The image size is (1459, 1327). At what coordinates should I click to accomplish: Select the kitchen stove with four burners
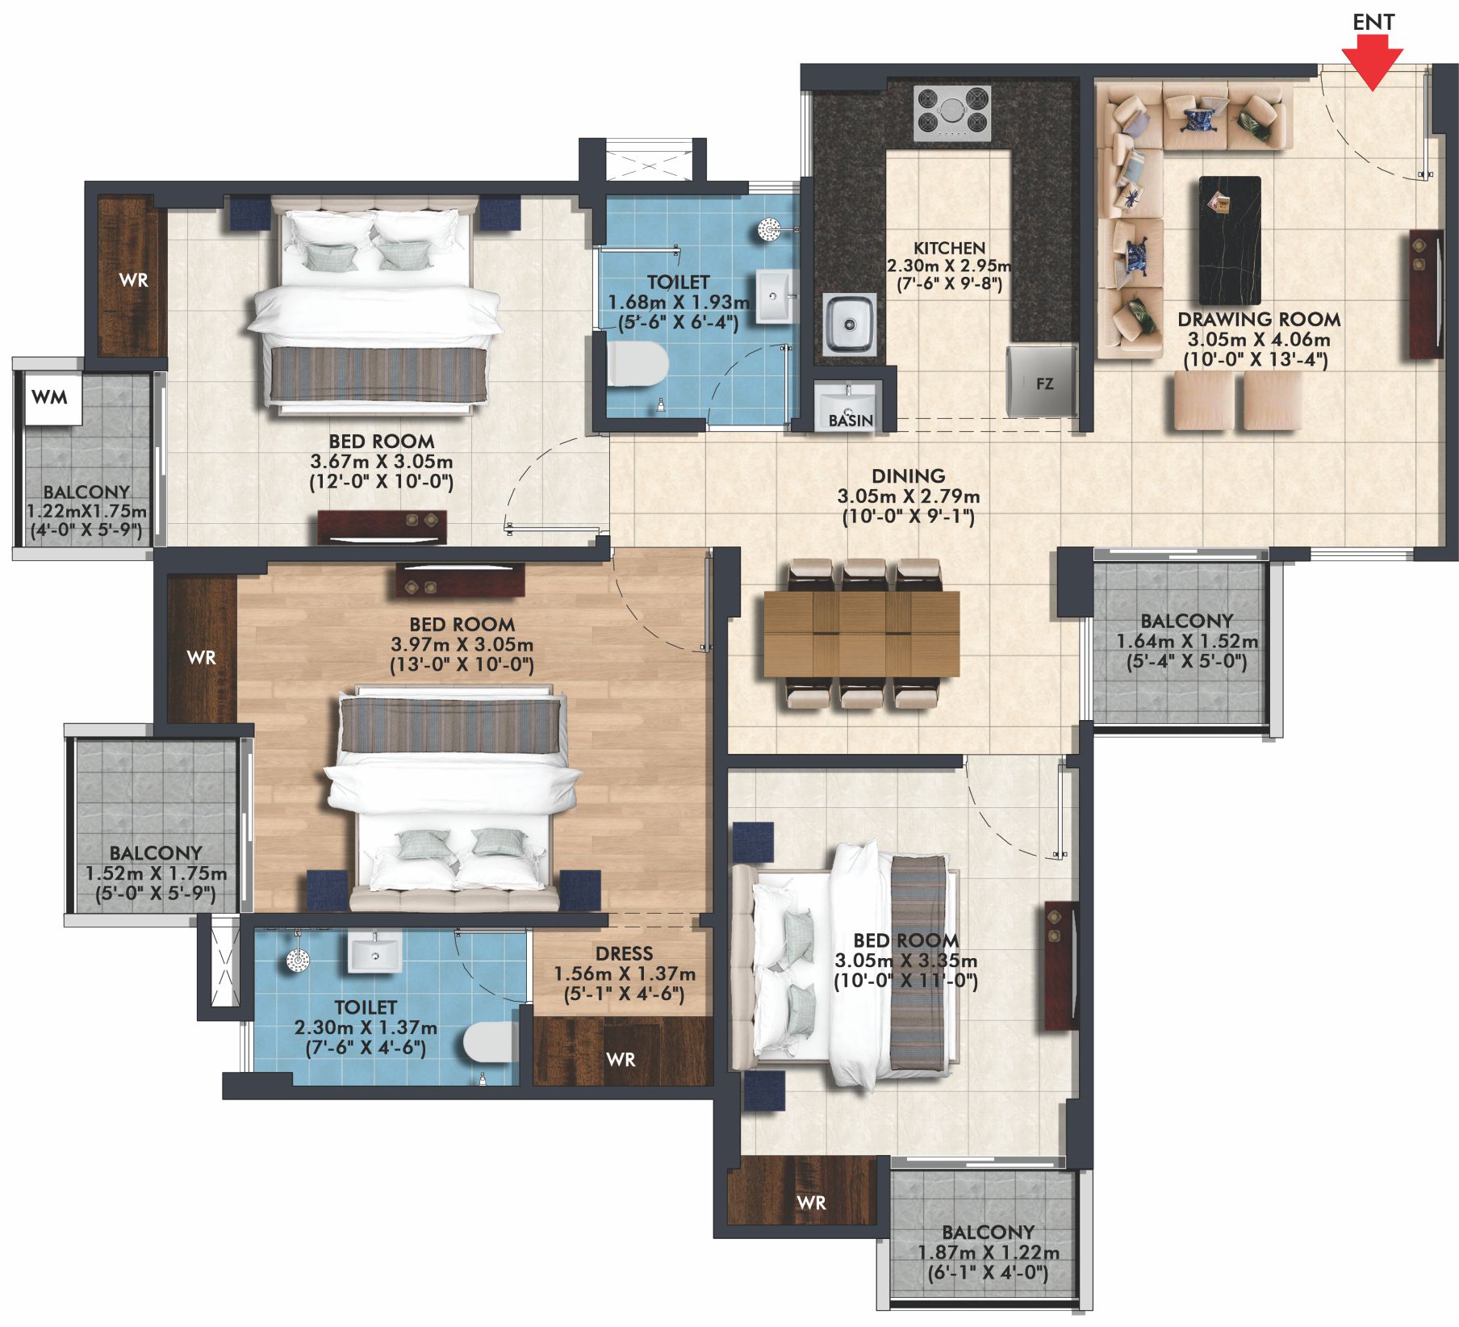click(x=952, y=113)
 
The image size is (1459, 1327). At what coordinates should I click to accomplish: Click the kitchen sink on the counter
click(x=850, y=324)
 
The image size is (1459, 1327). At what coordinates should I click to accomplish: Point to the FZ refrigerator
click(x=1043, y=382)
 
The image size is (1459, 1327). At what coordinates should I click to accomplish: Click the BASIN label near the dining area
click(x=851, y=421)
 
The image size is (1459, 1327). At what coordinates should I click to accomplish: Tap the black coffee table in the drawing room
click(x=1230, y=240)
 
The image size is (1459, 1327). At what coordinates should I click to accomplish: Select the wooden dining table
click(x=862, y=634)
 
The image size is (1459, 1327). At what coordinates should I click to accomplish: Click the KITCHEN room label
click(x=949, y=248)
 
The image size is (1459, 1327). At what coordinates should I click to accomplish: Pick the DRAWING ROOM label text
click(x=1259, y=320)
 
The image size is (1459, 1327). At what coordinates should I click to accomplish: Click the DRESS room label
click(x=624, y=953)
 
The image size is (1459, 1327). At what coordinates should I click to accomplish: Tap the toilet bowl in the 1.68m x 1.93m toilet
click(x=637, y=365)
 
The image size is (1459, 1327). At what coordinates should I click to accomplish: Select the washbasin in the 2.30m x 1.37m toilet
click(x=374, y=953)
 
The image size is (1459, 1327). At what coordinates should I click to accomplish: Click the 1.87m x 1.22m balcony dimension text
click(x=988, y=1253)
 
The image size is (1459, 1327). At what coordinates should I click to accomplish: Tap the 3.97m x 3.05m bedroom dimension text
click(x=462, y=645)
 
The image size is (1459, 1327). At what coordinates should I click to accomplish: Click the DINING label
click(x=908, y=476)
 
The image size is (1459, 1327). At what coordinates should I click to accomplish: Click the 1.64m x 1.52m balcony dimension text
click(x=1187, y=642)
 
